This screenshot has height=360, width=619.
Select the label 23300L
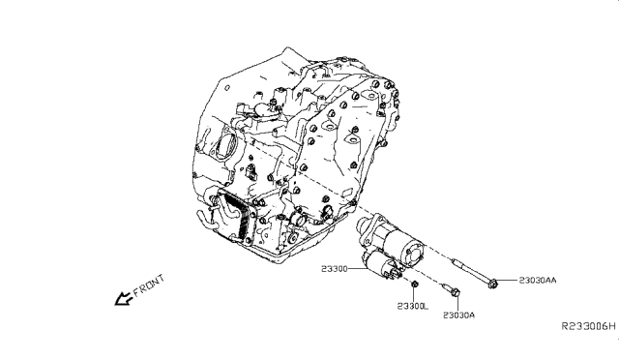(x=412, y=305)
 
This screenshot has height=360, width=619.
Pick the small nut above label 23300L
(x=413, y=285)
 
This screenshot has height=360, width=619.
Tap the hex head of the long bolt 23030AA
(x=495, y=283)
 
